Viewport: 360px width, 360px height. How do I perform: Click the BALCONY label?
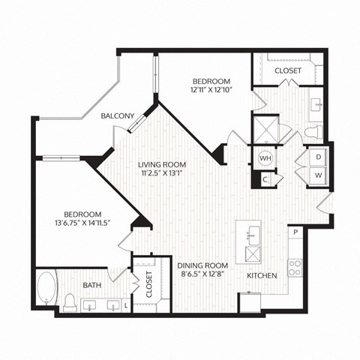pyautogui.click(x=118, y=115)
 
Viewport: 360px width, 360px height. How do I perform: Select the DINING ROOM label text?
pyautogui.click(x=202, y=265)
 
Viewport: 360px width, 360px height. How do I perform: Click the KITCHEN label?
pyautogui.click(x=262, y=276)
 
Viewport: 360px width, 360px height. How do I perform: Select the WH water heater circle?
pyautogui.click(x=265, y=159)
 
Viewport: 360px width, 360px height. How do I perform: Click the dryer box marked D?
pyautogui.click(x=318, y=157)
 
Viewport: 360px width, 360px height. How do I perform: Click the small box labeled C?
pyautogui.click(x=265, y=179)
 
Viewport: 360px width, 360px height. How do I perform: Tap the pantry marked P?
pyautogui.click(x=295, y=232)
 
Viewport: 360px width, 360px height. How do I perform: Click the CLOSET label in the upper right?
pyautogui.click(x=288, y=70)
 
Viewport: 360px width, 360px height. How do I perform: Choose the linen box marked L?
pyautogui.click(x=125, y=306)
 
